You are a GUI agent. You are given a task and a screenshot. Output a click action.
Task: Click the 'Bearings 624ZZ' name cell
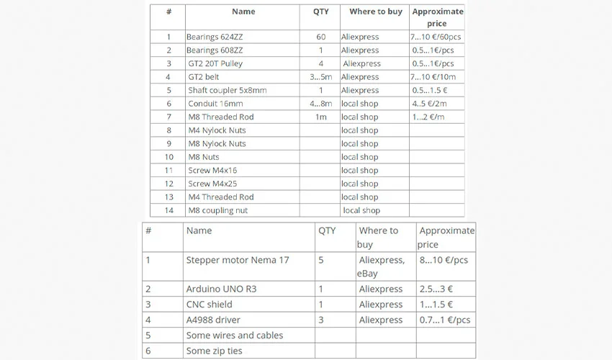click(214, 37)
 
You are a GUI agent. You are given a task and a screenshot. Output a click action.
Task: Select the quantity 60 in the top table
click(320, 37)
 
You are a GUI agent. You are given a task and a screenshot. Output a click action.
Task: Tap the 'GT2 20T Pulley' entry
click(215, 63)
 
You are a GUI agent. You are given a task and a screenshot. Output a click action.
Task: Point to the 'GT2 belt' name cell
click(204, 77)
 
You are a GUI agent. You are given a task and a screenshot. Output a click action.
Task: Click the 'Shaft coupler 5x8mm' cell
click(228, 91)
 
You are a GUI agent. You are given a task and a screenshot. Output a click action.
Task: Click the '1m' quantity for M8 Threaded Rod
click(320, 117)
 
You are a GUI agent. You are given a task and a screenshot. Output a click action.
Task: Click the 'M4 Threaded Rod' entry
click(221, 197)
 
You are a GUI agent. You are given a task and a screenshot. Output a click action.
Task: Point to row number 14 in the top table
click(168, 210)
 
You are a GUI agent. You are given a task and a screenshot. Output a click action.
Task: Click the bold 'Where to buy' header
click(376, 12)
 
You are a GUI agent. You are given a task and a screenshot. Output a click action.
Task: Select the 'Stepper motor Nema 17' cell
click(238, 260)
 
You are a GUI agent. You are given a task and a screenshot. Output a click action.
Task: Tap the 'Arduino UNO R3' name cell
click(221, 289)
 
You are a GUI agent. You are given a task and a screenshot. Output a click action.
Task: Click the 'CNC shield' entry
click(209, 305)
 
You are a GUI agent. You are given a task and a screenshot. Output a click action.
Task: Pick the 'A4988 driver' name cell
click(213, 320)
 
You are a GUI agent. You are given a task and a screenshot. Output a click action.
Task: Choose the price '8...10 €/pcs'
click(444, 260)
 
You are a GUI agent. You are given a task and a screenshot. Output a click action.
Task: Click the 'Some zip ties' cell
click(214, 351)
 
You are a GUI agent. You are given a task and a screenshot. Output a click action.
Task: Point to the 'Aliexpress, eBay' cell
click(382, 266)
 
